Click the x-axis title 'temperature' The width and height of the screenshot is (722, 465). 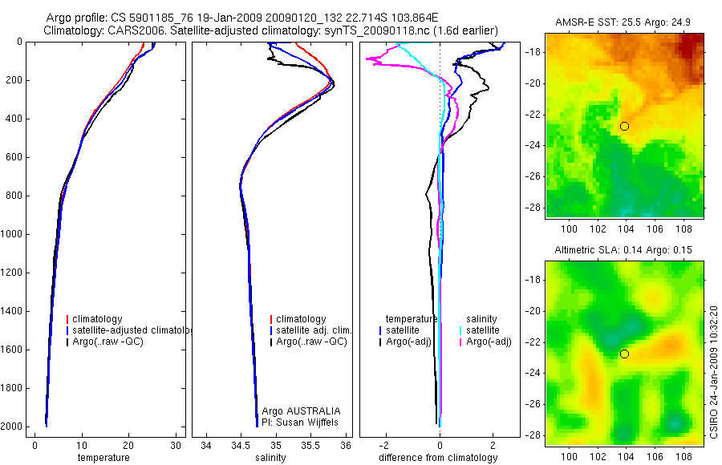tap(103, 458)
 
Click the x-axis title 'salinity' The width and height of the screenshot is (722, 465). tap(270, 458)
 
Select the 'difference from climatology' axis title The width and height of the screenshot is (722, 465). tap(440, 458)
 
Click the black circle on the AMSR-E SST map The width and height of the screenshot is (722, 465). tap(624, 126)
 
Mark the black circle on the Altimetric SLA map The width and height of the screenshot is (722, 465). tap(624, 354)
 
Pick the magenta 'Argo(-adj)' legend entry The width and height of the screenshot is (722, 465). tap(489, 342)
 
